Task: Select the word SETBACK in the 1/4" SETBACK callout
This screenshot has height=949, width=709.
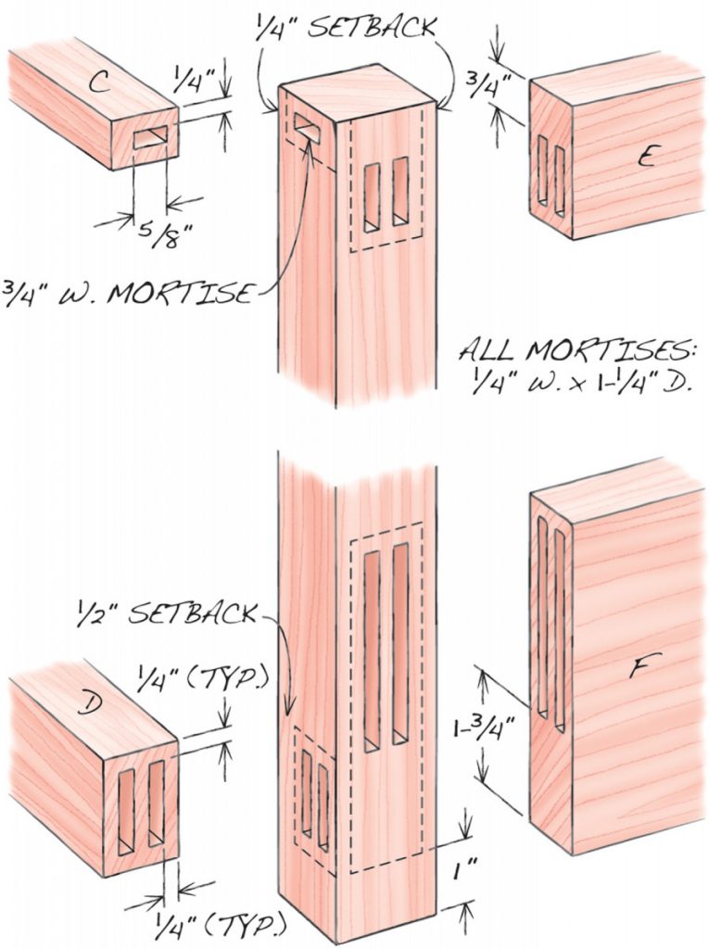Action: (x=371, y=29)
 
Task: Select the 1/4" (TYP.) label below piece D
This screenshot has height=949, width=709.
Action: (x=219, y=926)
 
